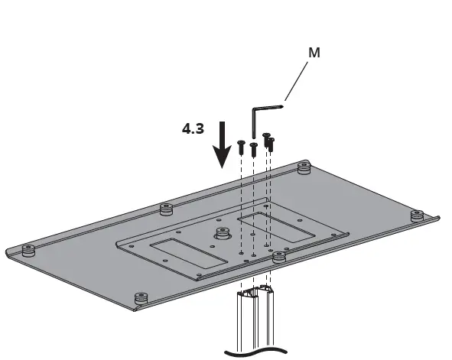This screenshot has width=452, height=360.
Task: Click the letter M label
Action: [314, 53]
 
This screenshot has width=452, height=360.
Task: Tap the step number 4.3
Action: [193, 128]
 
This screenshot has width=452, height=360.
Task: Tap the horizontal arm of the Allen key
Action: [268, 108]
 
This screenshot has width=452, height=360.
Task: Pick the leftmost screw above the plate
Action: [241, 147]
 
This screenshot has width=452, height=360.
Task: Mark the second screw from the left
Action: [253, 148]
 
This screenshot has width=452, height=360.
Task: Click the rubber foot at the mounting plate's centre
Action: [223, 232]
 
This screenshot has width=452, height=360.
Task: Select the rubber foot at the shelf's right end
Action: [416, 216]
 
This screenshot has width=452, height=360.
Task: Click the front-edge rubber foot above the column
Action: [278, 258]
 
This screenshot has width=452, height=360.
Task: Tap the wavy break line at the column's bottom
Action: [256, 352]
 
